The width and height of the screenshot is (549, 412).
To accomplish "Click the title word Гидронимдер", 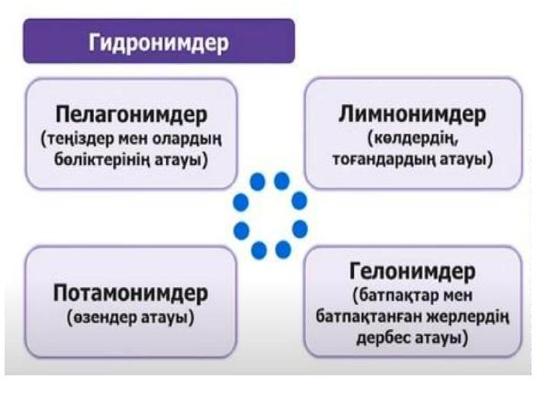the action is coord(159,43).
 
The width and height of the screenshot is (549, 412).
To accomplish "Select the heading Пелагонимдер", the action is coord(131,115).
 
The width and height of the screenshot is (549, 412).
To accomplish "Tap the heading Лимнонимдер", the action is coord(413,114).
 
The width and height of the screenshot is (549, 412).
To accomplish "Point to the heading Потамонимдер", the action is coord(130,293).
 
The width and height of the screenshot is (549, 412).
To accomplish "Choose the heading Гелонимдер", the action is coord(413,271).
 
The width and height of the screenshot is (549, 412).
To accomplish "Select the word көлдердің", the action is coord(413,139).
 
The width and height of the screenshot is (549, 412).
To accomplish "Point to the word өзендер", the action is coord(101,317).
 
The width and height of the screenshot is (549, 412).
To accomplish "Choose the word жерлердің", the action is coord(468,317).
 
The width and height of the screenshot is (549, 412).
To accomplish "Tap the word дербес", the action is coord(383,338).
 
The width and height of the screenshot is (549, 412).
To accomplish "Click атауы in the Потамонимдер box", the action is coord(167,318).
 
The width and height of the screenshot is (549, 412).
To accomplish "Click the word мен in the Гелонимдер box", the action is coord(457,296).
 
